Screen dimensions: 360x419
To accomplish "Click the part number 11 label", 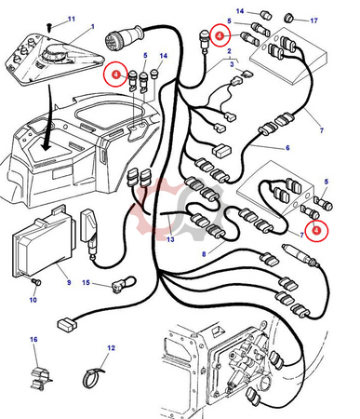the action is (x=72, y=20).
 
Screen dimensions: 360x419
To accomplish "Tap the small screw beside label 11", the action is (x=49, y=28).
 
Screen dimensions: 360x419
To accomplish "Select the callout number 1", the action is (x=93, y=27).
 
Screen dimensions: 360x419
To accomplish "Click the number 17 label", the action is (x=314, y=20).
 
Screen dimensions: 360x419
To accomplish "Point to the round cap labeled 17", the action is (x=290, y=18).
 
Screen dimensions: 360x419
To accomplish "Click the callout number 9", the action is (x=69, y=282).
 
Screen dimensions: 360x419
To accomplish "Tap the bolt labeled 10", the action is (x=36, y=282).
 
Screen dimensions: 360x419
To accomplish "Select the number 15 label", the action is (x=86, y=283).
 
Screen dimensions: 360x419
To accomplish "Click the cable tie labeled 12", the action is (x=93, y=376).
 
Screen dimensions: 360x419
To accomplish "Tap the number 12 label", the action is (x=111, y=348).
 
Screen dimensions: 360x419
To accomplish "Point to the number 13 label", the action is (x=170, y=239).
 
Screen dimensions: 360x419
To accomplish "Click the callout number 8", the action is (x=204, y=254).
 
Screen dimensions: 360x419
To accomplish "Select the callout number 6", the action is (x=287, y=148).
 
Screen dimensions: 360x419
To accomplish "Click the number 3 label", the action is (x=232, y=64).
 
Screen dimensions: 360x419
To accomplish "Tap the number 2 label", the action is (x=229, y=51).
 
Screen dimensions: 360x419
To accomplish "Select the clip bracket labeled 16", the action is (x=41, y=378).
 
